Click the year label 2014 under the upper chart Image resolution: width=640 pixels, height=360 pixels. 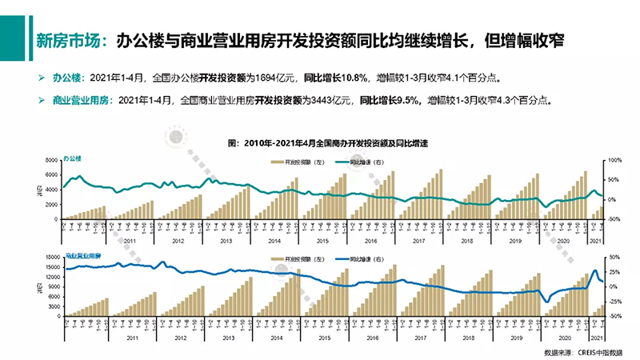pos(274,241)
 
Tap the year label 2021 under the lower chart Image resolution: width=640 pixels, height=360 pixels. pos(595,339)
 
